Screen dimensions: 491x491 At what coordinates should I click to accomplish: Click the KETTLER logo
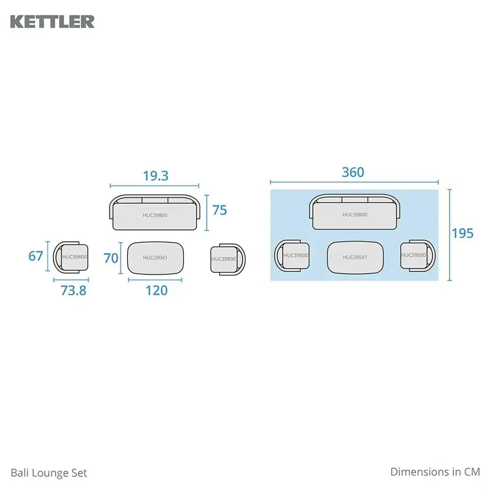(52, 22)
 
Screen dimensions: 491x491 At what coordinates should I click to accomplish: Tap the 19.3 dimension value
(155, 176)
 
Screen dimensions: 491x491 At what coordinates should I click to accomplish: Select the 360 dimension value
(353, 172)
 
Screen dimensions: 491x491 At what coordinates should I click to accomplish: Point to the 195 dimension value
(462, 233)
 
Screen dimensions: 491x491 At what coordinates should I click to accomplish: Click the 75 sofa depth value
(220, 210)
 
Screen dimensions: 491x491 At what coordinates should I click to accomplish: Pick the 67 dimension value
(36, 256)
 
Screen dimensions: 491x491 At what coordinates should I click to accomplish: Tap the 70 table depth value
(111, 258)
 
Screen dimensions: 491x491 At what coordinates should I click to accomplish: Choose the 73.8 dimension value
(73, 291)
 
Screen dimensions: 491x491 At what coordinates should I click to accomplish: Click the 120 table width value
(156, 291)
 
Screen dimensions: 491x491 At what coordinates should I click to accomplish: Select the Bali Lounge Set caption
(49, 473)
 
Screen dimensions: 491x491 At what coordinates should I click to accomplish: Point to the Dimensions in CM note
(435, 472)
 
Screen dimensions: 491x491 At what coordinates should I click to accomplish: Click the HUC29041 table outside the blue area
(155, 258)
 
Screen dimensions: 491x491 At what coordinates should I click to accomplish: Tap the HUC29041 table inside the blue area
(355, 257)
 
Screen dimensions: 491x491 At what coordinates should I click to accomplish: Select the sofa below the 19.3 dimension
(155, 212)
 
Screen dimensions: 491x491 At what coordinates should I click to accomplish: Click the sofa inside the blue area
(355, 212)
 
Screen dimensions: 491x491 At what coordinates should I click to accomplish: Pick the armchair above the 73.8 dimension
(70, 257)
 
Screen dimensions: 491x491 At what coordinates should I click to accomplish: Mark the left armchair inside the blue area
(292, 256)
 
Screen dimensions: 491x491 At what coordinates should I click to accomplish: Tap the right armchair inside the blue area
(418, 256)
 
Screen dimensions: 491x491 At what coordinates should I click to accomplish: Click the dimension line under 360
(354, 182)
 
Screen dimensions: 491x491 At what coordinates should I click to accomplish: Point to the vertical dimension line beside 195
(450, 235)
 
